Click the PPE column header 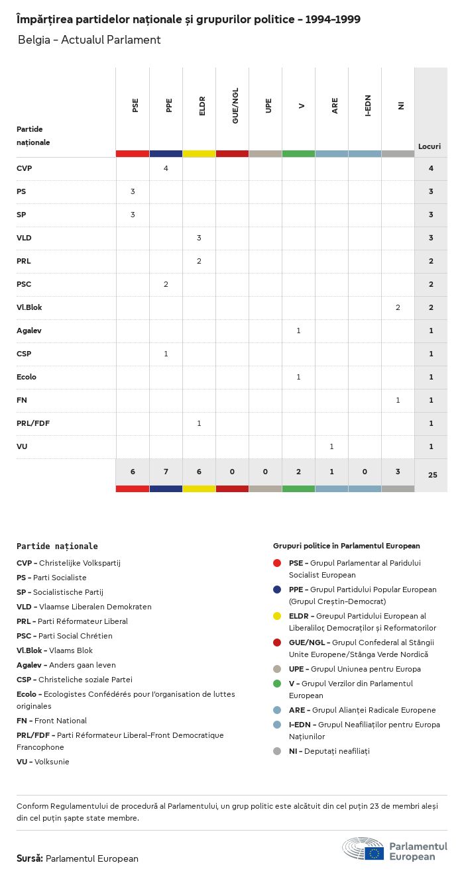click(169, 105)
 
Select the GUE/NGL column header click(235, 106)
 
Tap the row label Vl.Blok click(29, 307)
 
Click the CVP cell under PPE click(166, 168)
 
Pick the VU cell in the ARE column click(331, 446)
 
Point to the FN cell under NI click(398, 400)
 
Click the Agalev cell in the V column click(298, 331)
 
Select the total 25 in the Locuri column click(431, 475)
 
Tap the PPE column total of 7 click(166, 472)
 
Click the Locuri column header click(430, 146)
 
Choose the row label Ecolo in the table click(27, 377)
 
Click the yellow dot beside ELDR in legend click(277, 616)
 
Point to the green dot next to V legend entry click(277, 684)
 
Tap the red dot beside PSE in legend click(277, 563)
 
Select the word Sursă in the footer click(30, 858)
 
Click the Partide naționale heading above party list click(57, 546)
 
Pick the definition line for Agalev click(66, 665)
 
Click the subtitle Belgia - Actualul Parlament click(89, 40)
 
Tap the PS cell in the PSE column click(133, 191)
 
